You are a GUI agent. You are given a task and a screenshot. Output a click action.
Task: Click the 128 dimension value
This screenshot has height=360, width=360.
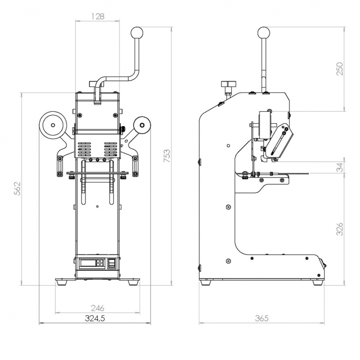[x=97, y=17]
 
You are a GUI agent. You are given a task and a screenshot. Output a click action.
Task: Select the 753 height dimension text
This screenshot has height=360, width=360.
[x=167, y=156]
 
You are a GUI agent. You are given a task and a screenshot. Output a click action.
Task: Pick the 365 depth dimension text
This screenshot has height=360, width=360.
[x=262, y=318]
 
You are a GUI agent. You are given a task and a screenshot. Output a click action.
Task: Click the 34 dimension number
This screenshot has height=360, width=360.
[x=339, y=168]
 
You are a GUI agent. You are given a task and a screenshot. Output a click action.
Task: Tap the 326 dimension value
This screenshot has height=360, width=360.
[x=339, y=228]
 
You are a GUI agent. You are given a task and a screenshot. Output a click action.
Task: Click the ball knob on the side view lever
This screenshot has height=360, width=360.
[x=264, y=33]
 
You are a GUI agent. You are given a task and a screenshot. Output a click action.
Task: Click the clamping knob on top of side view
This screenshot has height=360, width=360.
[x=227, y=85]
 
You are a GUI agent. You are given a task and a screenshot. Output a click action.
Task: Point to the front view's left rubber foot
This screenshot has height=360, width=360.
[x=62, y=283]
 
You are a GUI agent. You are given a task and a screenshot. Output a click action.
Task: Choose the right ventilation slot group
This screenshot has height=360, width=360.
[x=111, y=149]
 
